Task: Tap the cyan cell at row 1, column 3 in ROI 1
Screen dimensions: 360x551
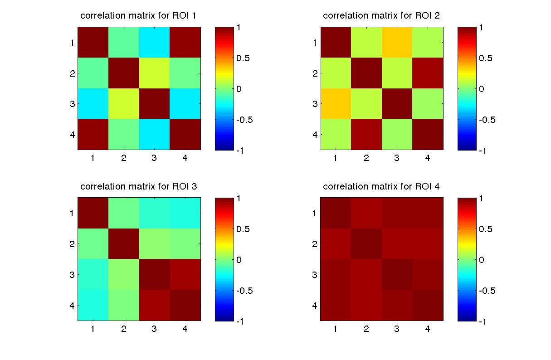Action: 154,42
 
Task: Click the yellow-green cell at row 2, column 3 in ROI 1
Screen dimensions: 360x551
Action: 154,73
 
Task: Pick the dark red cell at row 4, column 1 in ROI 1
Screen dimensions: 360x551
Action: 93,134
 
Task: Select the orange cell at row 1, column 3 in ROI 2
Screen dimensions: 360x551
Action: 397,42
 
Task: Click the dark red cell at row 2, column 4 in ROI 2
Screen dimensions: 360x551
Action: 428,73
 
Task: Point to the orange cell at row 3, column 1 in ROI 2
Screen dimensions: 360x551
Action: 336,103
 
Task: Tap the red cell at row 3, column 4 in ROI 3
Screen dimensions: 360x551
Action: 185,274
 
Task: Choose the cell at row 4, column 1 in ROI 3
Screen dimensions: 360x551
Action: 93,305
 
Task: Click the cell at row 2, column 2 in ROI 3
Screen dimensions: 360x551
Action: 123,243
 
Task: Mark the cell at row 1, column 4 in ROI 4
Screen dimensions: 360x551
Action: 428,213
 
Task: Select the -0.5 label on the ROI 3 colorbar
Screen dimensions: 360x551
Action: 244,291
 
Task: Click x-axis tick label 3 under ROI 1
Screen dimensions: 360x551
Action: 154,158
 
